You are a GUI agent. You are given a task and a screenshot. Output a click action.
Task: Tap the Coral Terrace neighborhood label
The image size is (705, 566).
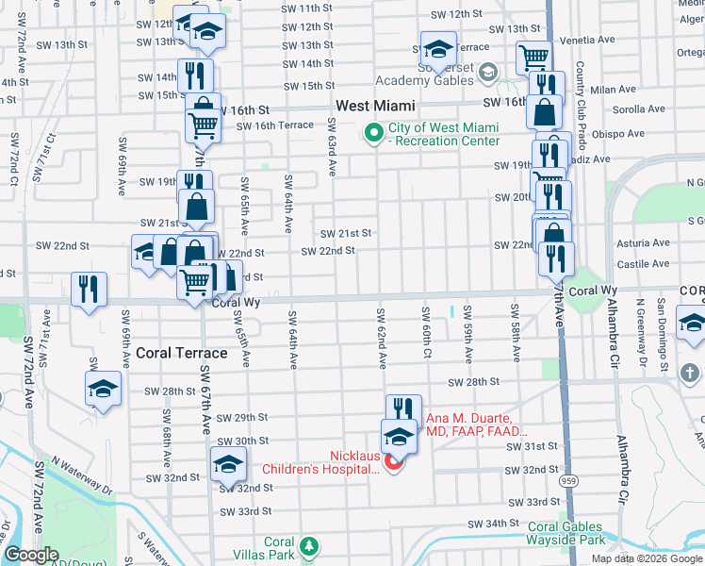click(182, 353)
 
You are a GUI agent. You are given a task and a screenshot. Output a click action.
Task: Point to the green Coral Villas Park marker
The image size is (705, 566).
click(307, 545)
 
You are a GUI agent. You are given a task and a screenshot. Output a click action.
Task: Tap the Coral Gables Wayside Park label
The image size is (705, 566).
click(566, 534)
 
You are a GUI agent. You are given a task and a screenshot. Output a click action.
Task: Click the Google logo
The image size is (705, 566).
click(32, 555)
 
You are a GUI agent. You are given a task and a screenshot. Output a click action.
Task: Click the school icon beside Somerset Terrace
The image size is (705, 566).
click(438, 48)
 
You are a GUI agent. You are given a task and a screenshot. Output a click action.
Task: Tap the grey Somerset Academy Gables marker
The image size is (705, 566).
click(488, 71)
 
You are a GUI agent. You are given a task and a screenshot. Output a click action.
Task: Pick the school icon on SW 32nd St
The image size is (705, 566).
click(227, 464)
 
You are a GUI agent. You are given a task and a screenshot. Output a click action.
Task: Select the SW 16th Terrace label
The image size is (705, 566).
click(275, 125)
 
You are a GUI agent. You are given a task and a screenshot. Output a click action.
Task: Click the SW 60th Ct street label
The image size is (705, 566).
click(427, 334)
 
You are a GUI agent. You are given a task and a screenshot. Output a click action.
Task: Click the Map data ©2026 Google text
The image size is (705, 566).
click(647, 558)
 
